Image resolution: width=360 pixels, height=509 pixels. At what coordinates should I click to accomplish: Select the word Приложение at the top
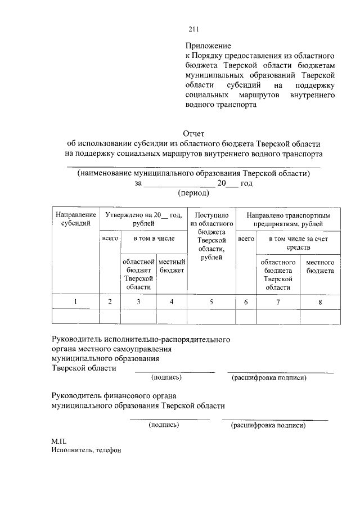pos(208,45)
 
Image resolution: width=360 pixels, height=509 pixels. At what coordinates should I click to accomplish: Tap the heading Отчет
pos(193,133)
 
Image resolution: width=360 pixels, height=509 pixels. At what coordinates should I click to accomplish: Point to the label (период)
pos(193,193)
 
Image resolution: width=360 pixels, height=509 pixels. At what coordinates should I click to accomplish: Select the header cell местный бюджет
pos(172,267)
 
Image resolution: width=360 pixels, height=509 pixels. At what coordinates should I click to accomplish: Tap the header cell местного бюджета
pos(320,267)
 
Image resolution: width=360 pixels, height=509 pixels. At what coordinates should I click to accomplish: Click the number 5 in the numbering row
pos(211,302)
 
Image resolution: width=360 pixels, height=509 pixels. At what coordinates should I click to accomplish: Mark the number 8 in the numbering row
pos(320,302)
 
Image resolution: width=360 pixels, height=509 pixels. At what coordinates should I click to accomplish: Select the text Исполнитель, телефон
pos(86,451)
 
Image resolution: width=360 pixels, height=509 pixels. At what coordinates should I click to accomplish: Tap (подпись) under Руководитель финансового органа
pos(164,425)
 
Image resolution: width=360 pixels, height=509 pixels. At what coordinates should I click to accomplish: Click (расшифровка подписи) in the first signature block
pos(269,378)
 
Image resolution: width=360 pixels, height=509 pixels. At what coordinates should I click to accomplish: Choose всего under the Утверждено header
pos(110,239)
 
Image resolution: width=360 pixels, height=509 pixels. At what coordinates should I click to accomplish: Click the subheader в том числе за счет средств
pos(298,243)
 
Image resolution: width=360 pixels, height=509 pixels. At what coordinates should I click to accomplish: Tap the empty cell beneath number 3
pos(138,317)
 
